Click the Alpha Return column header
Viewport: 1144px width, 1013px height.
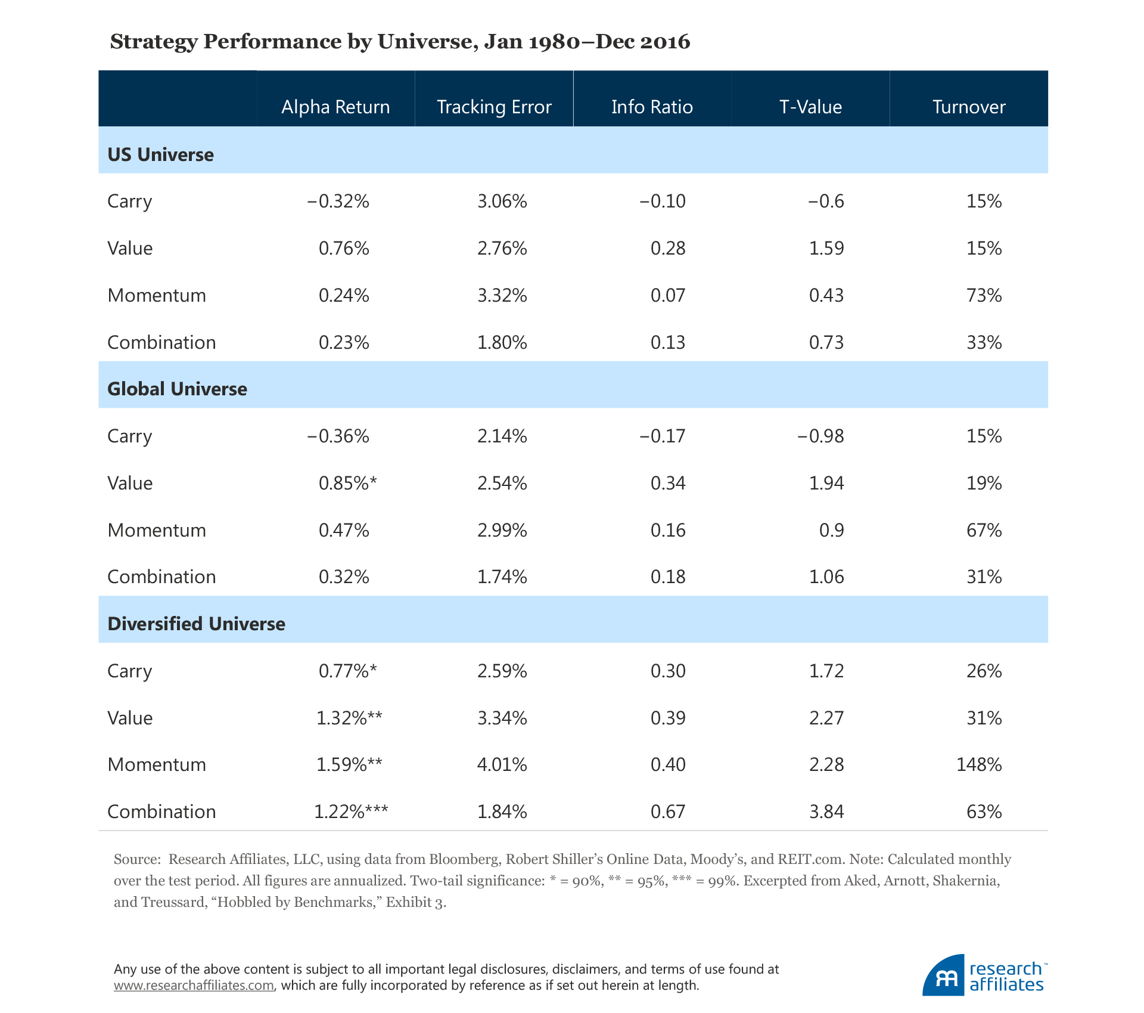click(335, 107)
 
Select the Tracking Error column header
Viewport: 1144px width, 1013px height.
click(494, 107)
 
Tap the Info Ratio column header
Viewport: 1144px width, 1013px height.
click(652, 107)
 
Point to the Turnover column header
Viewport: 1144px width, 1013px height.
click(969, 107)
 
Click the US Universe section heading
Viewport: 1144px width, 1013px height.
click(160, 154)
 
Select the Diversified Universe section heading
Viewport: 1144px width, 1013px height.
click(196, 624)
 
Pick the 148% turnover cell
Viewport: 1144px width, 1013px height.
click(979, 764)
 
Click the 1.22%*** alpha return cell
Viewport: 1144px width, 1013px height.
click(351, 811)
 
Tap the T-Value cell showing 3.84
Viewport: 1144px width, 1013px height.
click(826, 811)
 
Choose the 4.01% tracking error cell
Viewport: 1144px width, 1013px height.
click(502, 764)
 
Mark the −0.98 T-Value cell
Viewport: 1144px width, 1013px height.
click(820, 436)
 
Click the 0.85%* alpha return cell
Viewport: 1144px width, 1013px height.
click(347, 483)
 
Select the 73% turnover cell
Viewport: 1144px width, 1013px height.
click(984, 295)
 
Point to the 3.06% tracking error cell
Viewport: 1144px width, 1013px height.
click(502, 201)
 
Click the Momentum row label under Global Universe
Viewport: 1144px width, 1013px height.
click(157, 530)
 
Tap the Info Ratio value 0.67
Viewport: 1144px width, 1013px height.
click(668, 811)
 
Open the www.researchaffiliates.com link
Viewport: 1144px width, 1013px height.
click(194, 985)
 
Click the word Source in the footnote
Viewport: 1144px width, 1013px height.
click(136, 859)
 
